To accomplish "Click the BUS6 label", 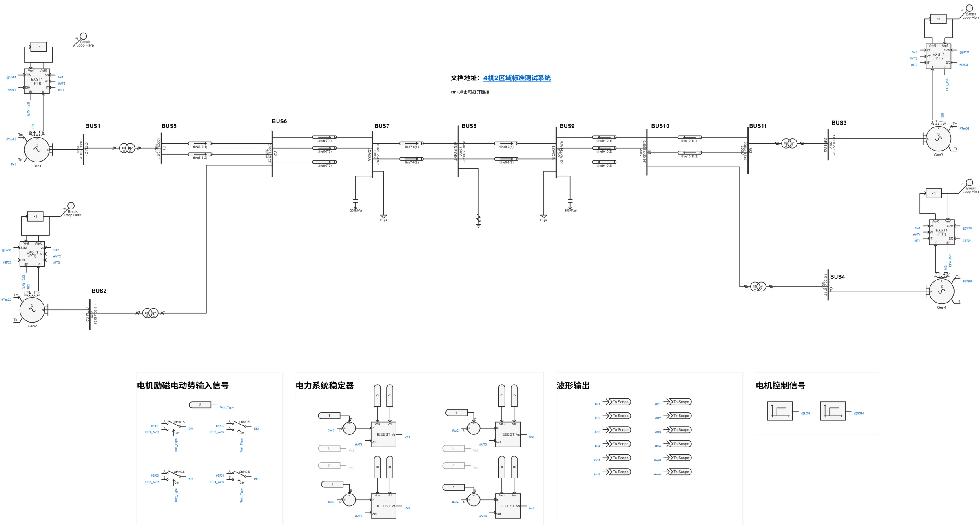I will (279, 121).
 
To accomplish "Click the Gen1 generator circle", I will (37, 149).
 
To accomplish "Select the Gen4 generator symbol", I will (941, 291).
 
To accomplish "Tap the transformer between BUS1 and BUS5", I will (127, 148).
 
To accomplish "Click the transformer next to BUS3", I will (789, 143).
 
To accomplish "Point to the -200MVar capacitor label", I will (355, 211).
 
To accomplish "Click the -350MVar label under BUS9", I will (570, 211).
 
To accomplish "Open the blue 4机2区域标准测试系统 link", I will (517, 78).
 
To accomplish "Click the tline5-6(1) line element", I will (200, 143).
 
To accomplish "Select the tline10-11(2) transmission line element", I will (689, 153).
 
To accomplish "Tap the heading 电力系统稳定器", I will (325, 386).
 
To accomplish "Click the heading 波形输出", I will (573, 386).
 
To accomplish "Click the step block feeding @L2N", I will (780, 411).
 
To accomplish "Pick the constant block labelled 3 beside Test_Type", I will (200, 405).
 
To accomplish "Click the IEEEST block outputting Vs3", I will (508, 434).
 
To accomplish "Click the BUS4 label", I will (837, 277).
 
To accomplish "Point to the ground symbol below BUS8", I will (478, 220).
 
